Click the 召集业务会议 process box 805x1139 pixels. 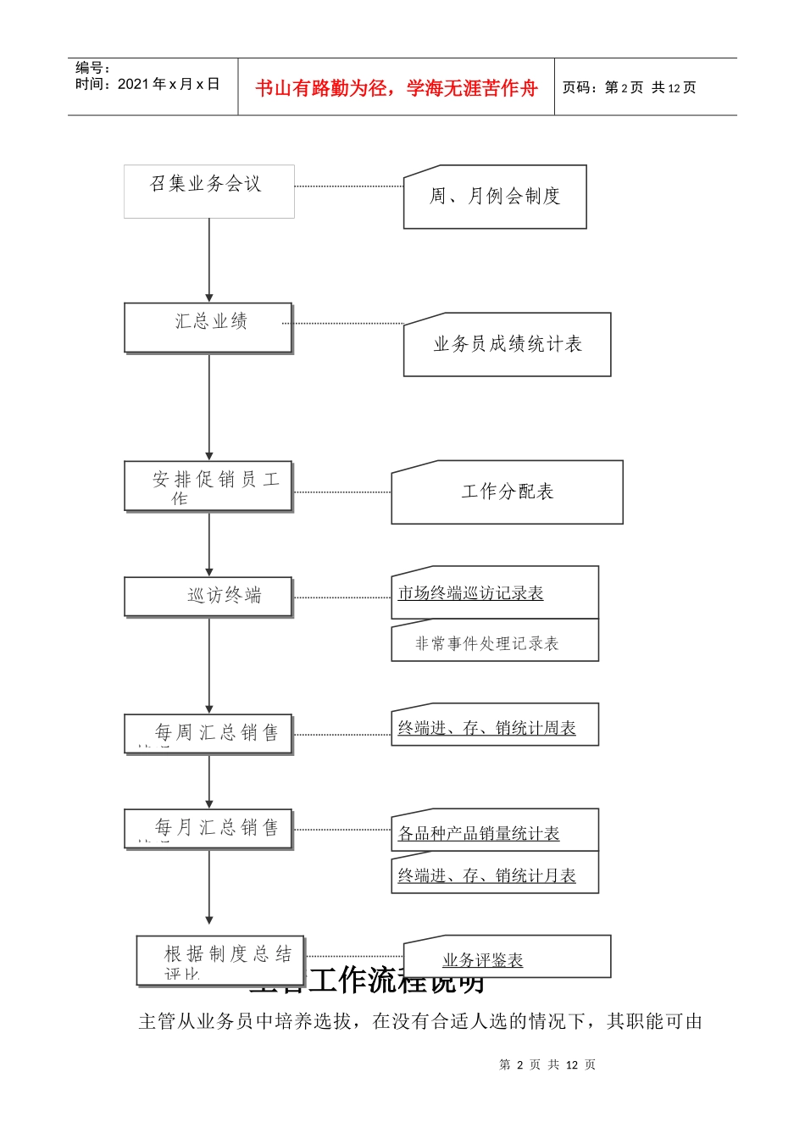click(x=208, y=191)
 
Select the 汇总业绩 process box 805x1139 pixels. click(x=208, y=327)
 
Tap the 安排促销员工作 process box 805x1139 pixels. click(x=208, y=486)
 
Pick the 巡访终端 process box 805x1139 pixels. click(x=208, y=597)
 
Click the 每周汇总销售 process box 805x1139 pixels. click(x=208, y=734)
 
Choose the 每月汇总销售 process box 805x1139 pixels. click(x=208, y=828)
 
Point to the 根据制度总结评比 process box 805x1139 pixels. click(x=220, y=960)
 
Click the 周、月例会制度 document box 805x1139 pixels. click(x=495, y=197)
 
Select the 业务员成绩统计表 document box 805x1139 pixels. click(x=507, y=344)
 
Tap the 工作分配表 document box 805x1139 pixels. click(x=507, y=492)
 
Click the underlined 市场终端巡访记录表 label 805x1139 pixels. click(x=470, y=593)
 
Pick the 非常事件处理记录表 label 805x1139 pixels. click(x=487, y=644)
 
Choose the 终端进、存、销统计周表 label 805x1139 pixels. click(x=487, y=728)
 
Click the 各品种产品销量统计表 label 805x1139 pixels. click(x=479, y=834)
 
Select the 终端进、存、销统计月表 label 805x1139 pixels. click(x=487, y=875)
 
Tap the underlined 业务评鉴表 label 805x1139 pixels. click(x=483, y=960)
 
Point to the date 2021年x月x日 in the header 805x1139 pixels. click(x=168, y=84)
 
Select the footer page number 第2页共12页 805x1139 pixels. click(x=547, y=1064)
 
